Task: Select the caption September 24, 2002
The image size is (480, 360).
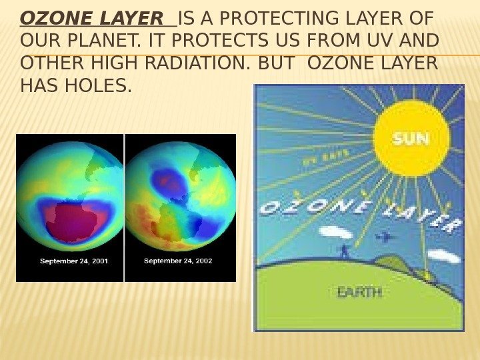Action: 178,261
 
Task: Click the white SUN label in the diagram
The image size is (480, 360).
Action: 411,139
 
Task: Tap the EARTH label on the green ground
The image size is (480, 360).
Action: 359,293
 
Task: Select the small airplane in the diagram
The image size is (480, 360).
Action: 384,237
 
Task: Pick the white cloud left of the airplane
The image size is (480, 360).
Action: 336,233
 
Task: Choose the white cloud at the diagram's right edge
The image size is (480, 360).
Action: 443,256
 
